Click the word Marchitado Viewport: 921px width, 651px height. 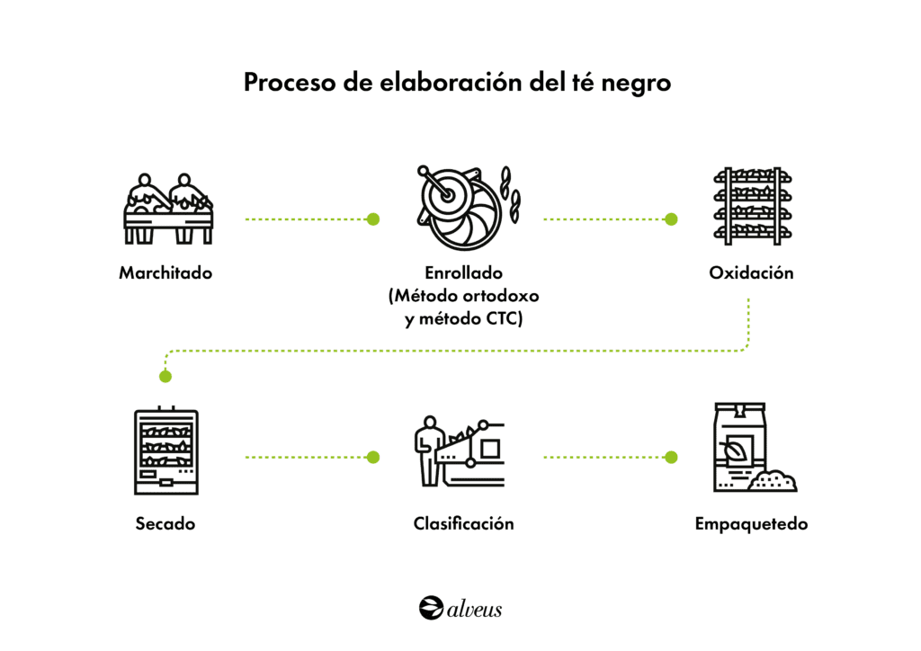coord(165,272)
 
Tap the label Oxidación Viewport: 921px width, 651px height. coord(751,272)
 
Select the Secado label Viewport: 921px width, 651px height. coord(165,523)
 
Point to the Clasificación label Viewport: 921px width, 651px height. coord(463,523)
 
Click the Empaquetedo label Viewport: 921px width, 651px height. coord(751,523)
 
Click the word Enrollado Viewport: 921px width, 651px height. coord(463,272)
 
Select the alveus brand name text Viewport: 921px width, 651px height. coord(474,609)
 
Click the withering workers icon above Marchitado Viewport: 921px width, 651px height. coord(168,208)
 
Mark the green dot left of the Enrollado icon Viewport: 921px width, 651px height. coord(373,218)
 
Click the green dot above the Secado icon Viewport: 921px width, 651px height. coord(165,376)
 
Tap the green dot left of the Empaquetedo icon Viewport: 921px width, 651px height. coord(671,457)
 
